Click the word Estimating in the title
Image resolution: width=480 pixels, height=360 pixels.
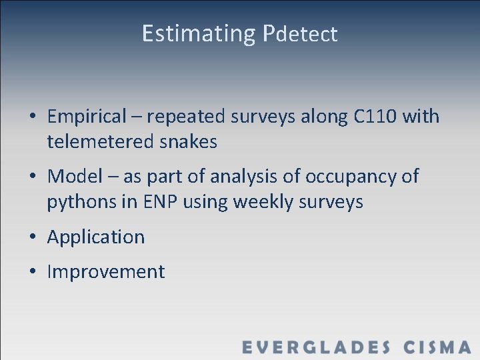coord(198,33)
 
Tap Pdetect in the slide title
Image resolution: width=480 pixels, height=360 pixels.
coord(300,34)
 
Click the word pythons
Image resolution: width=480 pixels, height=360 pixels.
coord(79,202)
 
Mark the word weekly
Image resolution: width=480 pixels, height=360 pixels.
coord(255,202)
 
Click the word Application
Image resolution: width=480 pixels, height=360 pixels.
coord(96,237)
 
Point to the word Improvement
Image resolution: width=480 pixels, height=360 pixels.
coord(106,272)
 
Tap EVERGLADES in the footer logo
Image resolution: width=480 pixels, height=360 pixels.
coord(316,347)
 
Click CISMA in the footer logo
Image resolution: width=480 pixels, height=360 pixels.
coord(437,347)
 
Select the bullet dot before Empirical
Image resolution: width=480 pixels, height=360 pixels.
coord(32,117)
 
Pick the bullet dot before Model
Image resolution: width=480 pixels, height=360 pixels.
coord(32,177)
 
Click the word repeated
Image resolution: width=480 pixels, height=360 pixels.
coord(187,117)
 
